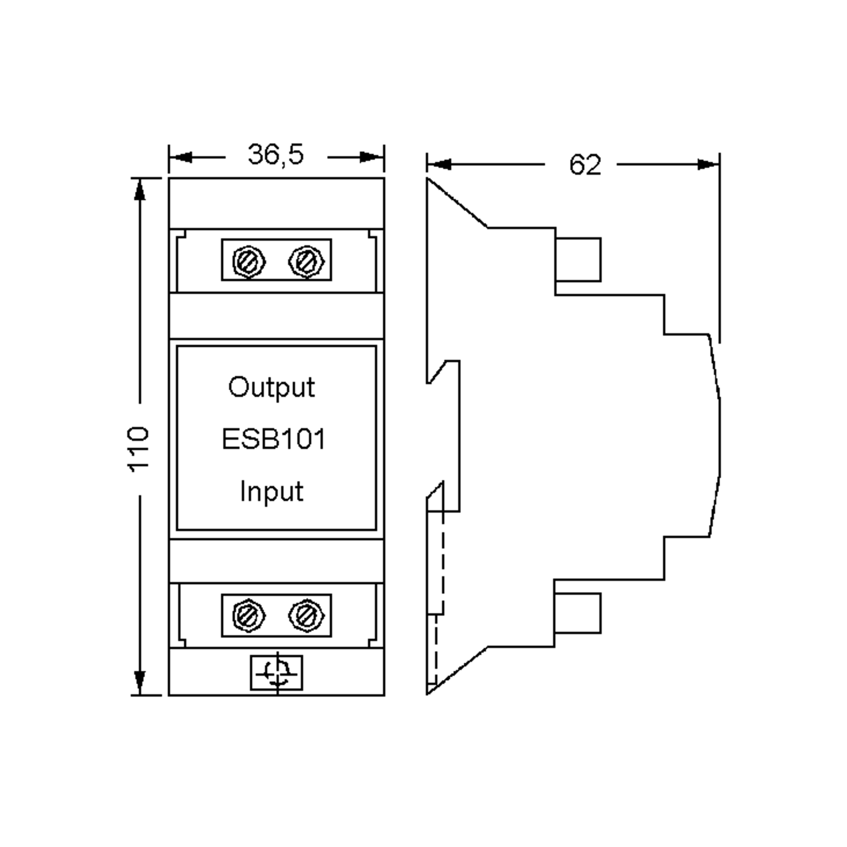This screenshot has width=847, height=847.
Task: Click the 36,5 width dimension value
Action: tap(275, 155)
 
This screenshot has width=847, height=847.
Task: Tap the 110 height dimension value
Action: tap(139, 449)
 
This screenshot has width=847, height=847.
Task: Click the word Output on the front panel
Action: tap(271, 388)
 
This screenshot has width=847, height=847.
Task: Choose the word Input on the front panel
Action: tap(271, 492)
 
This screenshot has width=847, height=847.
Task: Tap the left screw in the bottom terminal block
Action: tap(248, 615)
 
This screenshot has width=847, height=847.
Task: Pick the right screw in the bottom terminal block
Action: tap(306, 615)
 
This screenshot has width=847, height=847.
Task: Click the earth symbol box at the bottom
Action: tap(277, 673)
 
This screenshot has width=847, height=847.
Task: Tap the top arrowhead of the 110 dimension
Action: tap(139, 191)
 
